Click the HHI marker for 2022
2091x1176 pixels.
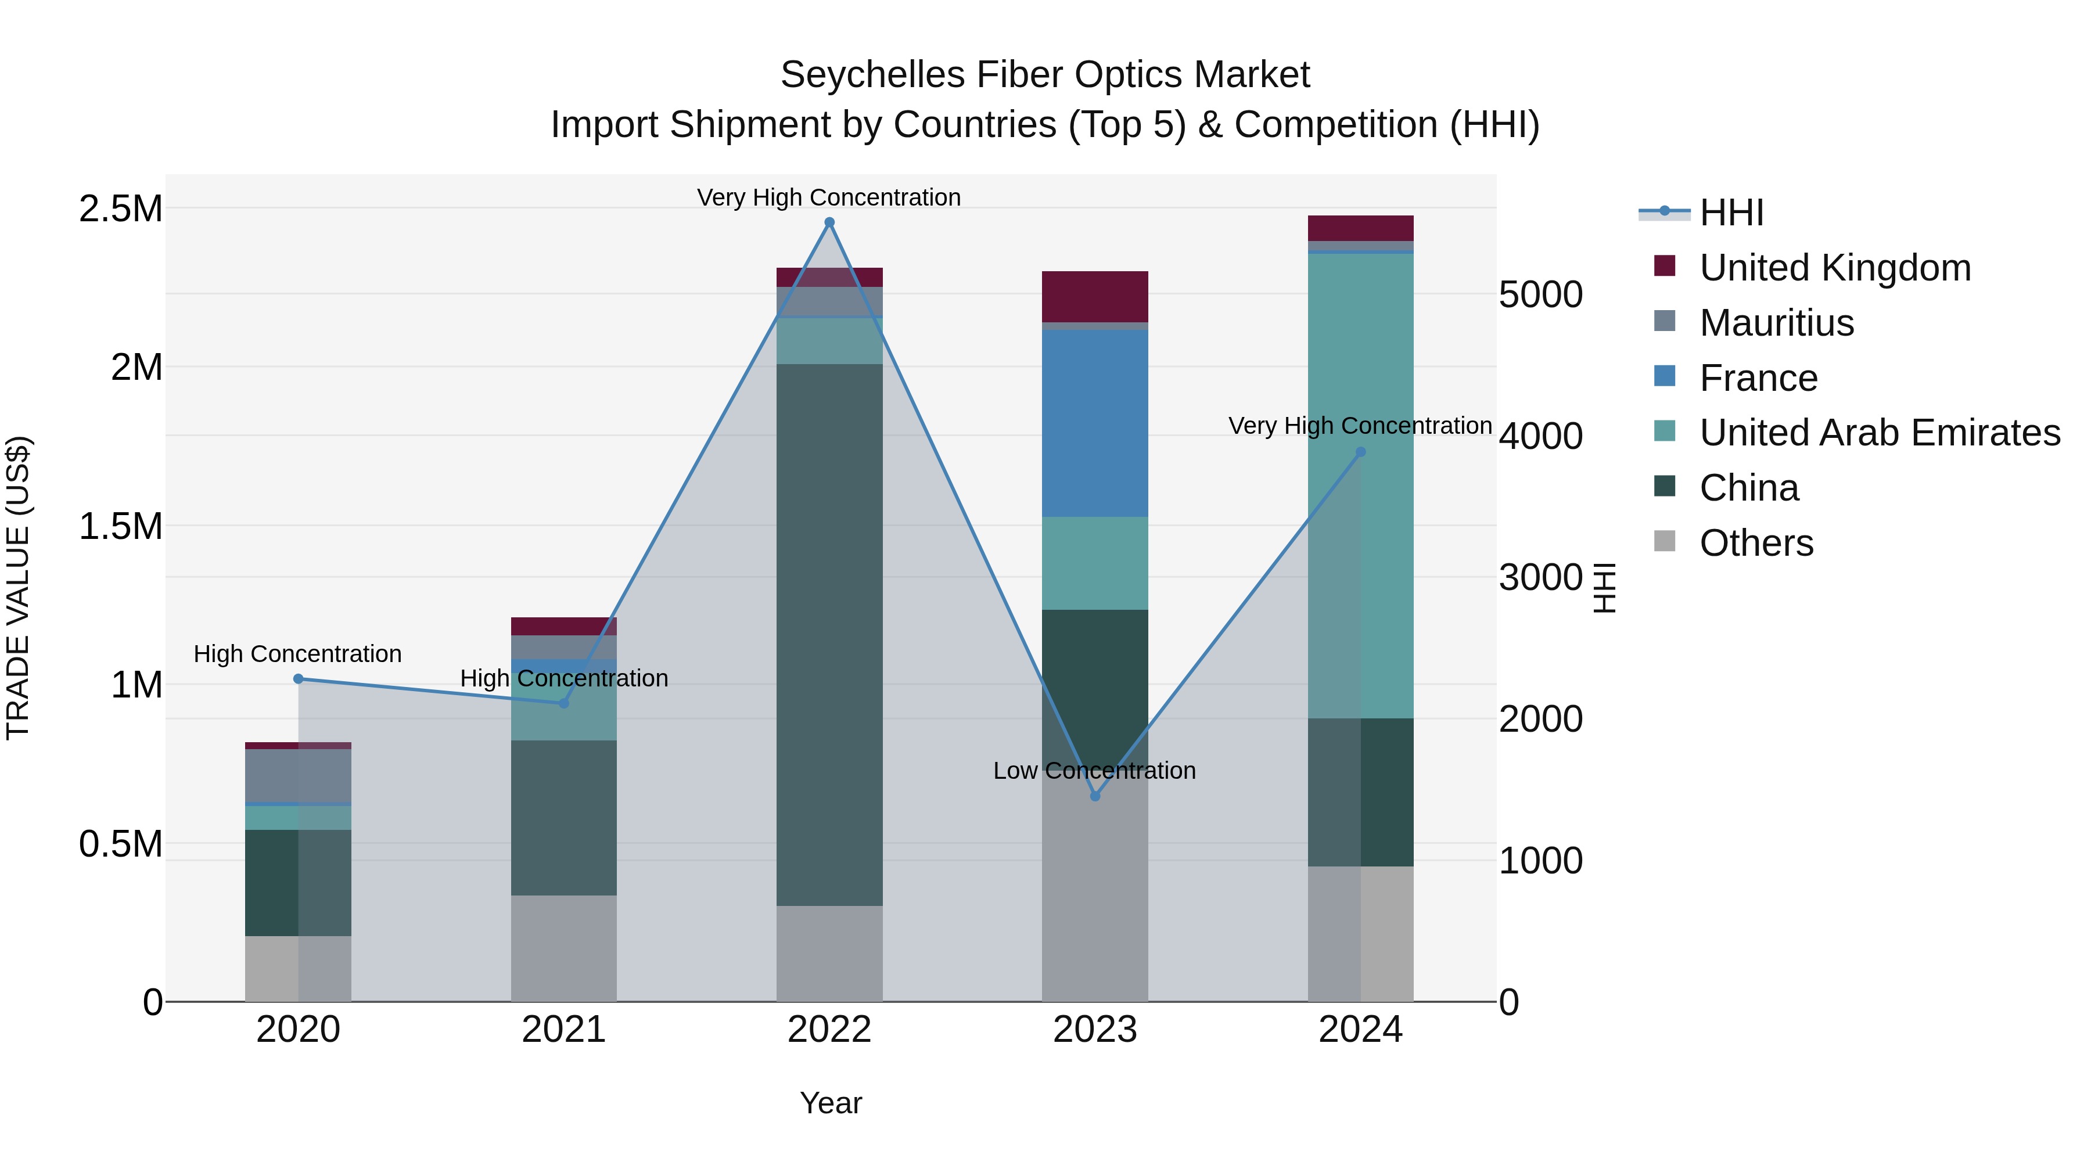point(829,222)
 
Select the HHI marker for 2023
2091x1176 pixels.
point(1094,796)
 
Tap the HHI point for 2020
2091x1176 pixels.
point(298,678)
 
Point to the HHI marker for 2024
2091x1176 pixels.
point(1360,452)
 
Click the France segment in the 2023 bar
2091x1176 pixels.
point(1094,423)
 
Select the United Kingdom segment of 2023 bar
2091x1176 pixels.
point(1094,296)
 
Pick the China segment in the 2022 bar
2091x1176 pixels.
point(829,634)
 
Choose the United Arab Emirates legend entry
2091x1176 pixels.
point(1879,433)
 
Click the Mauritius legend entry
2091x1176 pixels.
point(1776,323)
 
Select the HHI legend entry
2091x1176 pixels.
point(1731,213)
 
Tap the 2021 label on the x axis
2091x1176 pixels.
point(563,1030)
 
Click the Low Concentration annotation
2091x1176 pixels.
point(1094,770)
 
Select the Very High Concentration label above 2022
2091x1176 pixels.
point(829,197)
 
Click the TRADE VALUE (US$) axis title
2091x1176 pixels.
point(18,588)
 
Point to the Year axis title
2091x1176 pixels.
point(831,1103)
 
